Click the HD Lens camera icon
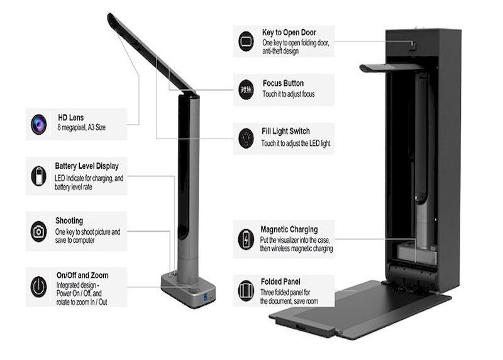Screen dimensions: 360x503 tap(39, 124)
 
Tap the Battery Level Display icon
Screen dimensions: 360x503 tap(39, 176)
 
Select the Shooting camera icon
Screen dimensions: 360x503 tap(39, 231)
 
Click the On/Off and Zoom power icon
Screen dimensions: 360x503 tap(39, 286)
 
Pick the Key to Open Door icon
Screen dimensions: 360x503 tap(246, 42)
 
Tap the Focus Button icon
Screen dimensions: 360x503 tap(246, 89)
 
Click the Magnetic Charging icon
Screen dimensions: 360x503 tap(246, 239)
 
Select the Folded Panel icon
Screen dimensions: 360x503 tap(246, 291)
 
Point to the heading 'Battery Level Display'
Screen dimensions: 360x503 tap(87, 166)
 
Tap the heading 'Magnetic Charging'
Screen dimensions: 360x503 tap(289, 230)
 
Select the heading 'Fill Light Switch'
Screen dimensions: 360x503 tap(285, 132)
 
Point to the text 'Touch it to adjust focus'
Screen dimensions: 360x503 tap(287, 94)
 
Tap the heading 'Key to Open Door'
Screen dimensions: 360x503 tap(289, 32)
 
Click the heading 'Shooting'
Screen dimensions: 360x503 tap(69, 221)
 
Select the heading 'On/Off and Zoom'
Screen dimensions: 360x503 tap(82, 276)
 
